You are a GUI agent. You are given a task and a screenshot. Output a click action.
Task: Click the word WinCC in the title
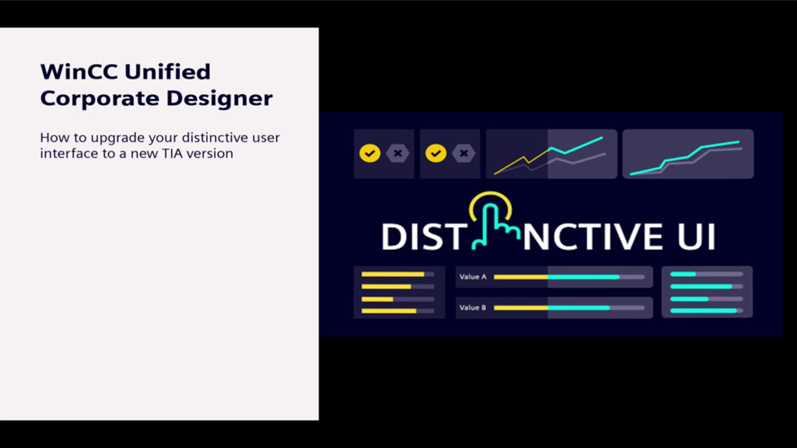(79, 72)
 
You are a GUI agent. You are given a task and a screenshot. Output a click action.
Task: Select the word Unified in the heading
(167, 71)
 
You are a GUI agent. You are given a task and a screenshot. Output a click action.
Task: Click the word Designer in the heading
(220, 99)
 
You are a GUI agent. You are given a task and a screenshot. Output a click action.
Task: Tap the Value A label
(473, 277)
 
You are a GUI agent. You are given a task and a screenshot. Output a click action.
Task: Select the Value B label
(473, 307)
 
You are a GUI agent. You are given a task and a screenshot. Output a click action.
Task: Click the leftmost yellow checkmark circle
(370, 153)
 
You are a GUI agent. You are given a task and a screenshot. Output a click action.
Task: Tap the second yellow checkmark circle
(436, 153)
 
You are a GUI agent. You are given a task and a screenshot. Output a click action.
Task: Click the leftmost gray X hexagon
(398, 153)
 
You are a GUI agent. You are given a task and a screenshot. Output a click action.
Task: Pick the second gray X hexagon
(464, 153)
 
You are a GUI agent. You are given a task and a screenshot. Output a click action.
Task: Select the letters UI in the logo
(696, 237)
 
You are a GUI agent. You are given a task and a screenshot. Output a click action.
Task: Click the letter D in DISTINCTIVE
(394, 237)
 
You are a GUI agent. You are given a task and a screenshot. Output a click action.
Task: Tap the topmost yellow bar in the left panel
(393, 274)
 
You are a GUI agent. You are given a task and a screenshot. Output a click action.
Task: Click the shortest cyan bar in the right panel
(683, 274)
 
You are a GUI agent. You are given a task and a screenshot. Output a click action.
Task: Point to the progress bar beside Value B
(569, 307)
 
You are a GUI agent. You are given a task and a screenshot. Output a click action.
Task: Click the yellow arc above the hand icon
(491, 194)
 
